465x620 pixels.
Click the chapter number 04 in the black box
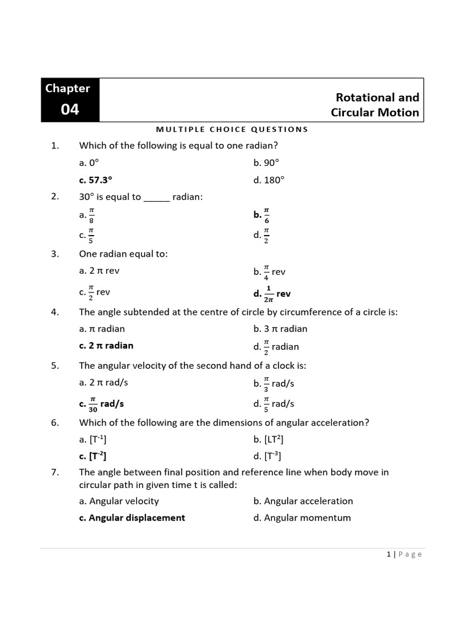pos(70,110)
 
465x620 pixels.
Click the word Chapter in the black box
pos(68,88)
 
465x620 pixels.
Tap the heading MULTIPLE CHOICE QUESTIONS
pos(232,129)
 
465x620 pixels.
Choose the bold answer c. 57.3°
pos(96,180)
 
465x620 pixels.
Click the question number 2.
pos(54,196)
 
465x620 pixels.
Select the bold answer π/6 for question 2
pos(262,215)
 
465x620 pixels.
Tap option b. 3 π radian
pos(280,329)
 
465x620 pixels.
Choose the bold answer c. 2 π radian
pos(106,346)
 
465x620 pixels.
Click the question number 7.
pos(54,472)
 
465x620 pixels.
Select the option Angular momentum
pos(307,518)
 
